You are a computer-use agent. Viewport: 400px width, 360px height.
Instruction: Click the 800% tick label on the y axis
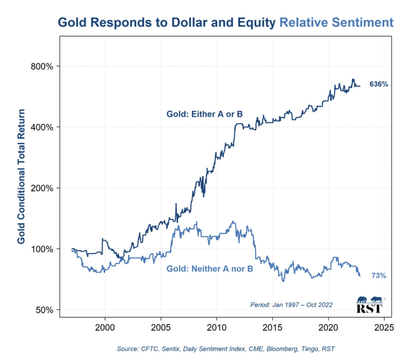click(x=42, y=66)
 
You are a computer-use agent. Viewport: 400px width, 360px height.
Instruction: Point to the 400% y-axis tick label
click(x=42, y=127)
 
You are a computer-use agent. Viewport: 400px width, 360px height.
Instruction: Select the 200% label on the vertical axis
click(x=42, y=188)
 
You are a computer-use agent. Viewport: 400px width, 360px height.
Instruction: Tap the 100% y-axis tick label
click(x=42, y=249)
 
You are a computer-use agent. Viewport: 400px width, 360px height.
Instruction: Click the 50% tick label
click(x=44, y=310)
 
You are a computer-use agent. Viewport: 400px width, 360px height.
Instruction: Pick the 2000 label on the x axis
click(x=105, y=327)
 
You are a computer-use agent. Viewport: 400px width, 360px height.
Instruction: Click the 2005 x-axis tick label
click(x=161, y=327)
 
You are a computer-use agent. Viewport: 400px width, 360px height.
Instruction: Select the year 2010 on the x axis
click(x=217, y=327)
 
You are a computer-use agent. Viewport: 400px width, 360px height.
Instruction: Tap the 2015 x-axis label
click(x=272, y=327)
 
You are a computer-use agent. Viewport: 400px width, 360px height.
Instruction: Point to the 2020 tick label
click(x=328, y=327)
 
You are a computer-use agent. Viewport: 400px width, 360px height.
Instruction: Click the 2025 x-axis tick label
click(x=384, y=327)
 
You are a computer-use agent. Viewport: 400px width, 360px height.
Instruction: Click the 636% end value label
click(x=378, y=84)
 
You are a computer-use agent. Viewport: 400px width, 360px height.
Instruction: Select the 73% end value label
click(x=378, y=275)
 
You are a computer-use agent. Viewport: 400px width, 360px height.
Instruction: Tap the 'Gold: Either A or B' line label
click(x=204, y=114)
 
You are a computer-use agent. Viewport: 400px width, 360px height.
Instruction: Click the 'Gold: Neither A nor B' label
click(x=209, y=269)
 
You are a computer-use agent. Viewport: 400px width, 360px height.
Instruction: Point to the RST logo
click(x=369, y=305)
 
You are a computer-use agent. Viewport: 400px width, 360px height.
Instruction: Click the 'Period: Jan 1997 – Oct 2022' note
click(x=291, y=305)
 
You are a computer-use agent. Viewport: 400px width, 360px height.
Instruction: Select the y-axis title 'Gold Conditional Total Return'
click(x=21, y=176)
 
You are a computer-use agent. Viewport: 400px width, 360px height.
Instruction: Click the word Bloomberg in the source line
click(x=281, y=349)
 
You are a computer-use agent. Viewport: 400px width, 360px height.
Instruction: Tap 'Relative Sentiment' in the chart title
click(x=336, y=23)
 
